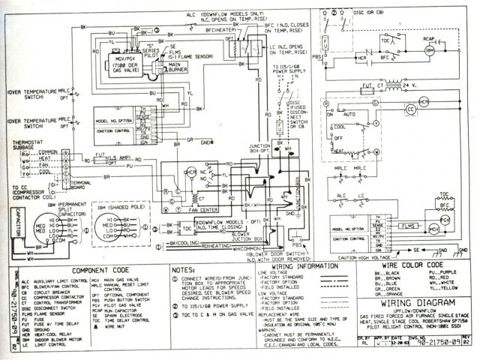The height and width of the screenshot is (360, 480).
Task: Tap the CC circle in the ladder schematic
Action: click(410, 109)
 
